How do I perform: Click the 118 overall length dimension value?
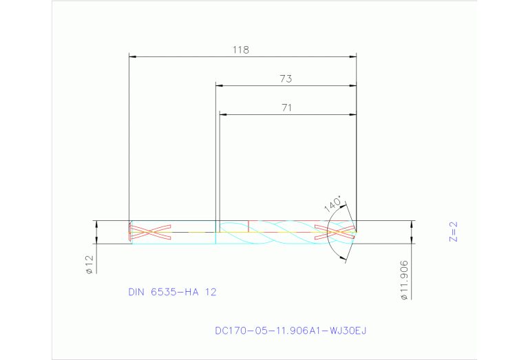tap(240, 50)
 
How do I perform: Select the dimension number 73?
tap(286, 79)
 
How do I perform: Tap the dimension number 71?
tap(287, 107)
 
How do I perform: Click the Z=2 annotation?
tap(453, 232)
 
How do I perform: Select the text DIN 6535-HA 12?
tap(172, 292)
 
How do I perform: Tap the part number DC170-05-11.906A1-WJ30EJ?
tap(291, 331)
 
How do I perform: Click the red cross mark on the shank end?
tap(150, 232)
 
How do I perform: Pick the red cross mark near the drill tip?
tap(335, 232)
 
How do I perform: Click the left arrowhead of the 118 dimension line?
tap(134, 56)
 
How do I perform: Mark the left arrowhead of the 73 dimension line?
tap(220, 85)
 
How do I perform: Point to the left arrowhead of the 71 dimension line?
tap(223, 114)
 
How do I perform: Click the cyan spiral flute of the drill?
tap(275, 233)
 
